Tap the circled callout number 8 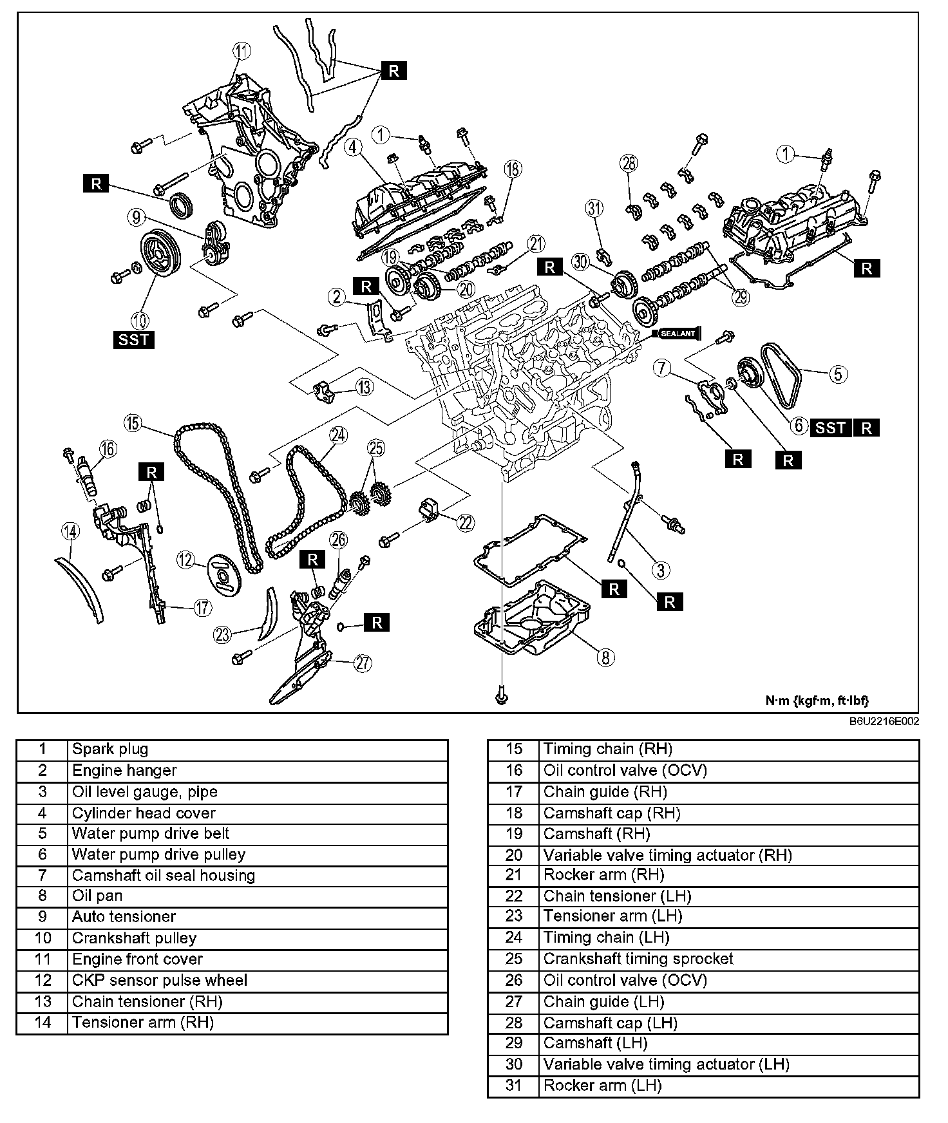click(x=605, y=657)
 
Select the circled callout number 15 click(x=133, y=422)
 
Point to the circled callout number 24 click(x=337, y=435)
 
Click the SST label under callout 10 click(x=134, y=339)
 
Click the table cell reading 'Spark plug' click(x=258, y=750)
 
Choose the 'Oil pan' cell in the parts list click(x=258, y=896)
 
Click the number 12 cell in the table click(x=42, y=981)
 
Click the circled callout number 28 click(x=629, y=163)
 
